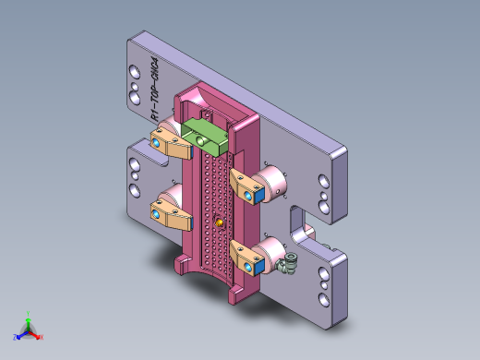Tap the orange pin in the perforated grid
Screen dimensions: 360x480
pyautogui.click(x=219, y=222)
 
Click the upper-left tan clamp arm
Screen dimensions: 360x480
pyautogui.click(x=172, y=140)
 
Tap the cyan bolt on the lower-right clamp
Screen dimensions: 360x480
pyautogui.click(x=257, y=267)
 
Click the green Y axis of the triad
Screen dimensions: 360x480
pyautogui.click(x=29, y=317)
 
